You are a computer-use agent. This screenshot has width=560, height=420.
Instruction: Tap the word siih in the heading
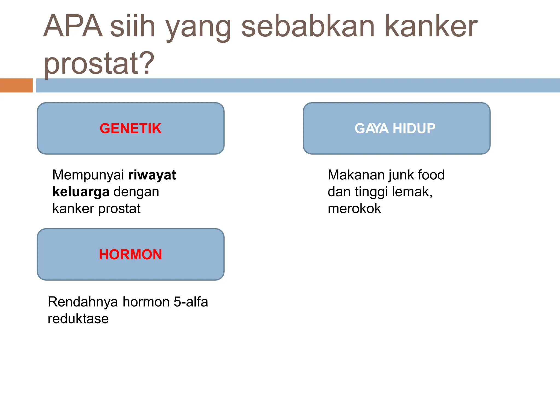tap(133, 26)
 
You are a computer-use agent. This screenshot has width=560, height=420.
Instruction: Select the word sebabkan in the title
tap(308, 26)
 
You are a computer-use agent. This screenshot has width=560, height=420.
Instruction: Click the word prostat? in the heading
tap(99, 63)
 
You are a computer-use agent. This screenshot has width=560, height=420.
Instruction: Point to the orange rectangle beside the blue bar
tap(16, 85)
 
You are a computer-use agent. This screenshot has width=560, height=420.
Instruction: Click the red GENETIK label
tap(130, 129)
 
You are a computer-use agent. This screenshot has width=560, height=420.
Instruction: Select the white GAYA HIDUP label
tap(395, 129)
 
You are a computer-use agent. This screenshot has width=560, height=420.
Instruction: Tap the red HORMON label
tap(130, 255)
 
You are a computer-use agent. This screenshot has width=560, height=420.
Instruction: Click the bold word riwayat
tap(152, 175)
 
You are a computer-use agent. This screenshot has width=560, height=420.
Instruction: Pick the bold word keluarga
tap(81, 192)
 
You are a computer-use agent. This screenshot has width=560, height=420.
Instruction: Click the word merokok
tap(354, 209)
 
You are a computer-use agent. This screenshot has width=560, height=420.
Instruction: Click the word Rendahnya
tap(83, 302)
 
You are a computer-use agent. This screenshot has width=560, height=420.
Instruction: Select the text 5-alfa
tap(191, 302)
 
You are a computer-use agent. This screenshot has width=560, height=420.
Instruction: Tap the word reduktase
tap(78, 319)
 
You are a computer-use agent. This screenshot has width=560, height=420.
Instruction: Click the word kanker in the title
tap(431, 26)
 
